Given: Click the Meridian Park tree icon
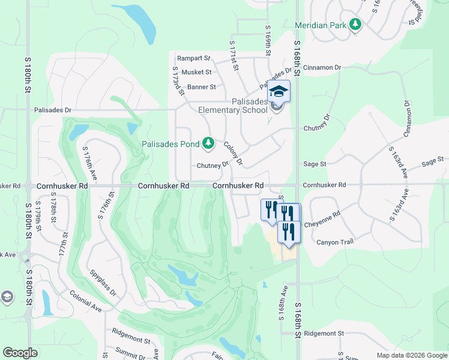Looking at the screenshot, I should click(x=356, y=25).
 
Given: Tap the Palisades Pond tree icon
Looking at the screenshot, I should click(x=208, y=143).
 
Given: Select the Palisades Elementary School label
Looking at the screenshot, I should click(x=233, y=106).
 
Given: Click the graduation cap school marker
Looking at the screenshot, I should click(x=279, y=92).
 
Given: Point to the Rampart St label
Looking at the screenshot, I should click(x=193, y=59).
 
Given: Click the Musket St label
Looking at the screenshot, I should click(x=196, y=72).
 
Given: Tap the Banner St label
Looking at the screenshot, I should click(x=201, y=87).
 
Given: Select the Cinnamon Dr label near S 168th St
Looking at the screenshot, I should click(x=322, y=68).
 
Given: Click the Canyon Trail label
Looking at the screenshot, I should click(x=336, y=242).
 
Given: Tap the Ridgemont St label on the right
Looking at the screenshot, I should click(x=324, y=333).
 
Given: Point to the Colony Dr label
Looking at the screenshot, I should click(x=234, y=154).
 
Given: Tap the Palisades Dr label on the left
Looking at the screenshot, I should click(x=52, y=110).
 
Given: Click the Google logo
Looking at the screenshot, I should click(x=20, y=353).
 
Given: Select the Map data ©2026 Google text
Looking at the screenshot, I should click(x=411, y=355).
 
